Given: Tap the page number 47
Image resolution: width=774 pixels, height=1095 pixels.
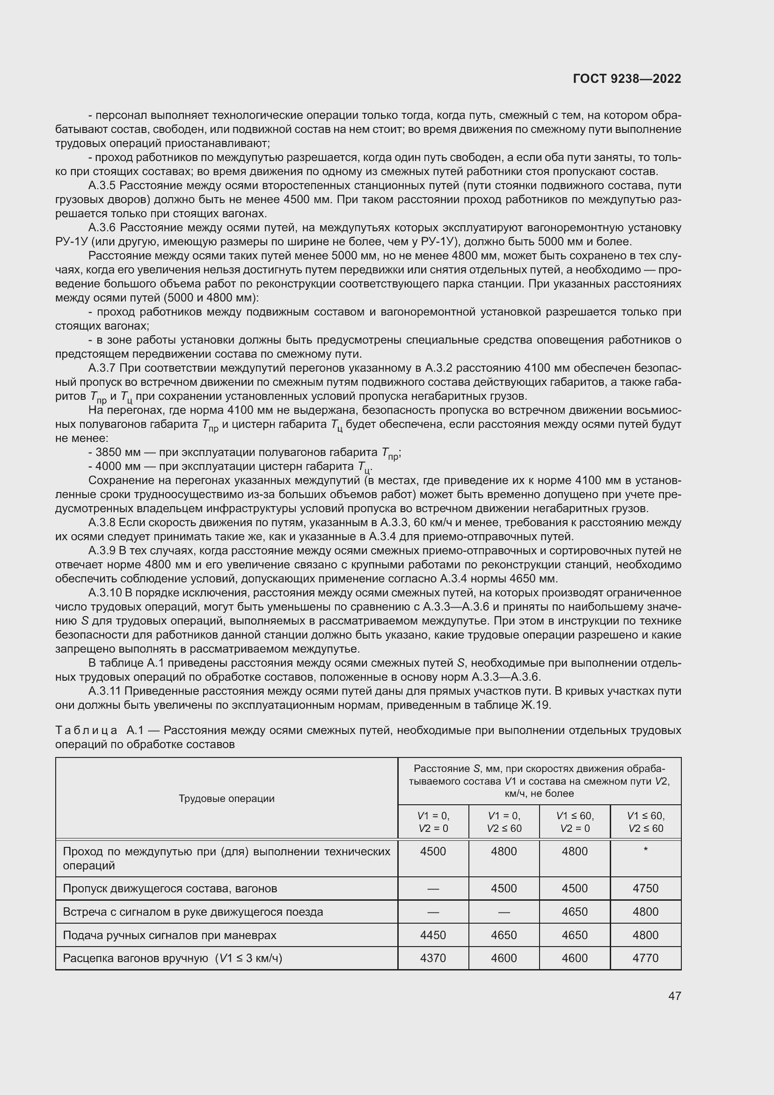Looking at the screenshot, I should click(674, 996).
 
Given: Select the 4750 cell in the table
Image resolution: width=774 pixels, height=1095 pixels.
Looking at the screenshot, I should click(645, 889).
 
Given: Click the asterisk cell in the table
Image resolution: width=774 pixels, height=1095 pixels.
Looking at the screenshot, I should click(645, 849).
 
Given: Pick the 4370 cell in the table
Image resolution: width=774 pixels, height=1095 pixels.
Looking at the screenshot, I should click(433, 958).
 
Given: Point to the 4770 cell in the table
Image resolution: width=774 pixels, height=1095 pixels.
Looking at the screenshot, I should click(645, 958).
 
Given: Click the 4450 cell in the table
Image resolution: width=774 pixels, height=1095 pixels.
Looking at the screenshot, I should click(433, 935).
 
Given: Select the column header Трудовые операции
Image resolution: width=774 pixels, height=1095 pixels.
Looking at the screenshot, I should click(226, 799).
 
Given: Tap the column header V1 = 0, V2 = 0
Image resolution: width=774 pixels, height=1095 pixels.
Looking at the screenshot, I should click(433, 822).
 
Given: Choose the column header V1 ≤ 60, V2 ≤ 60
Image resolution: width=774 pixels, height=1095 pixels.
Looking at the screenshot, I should click(645, 822).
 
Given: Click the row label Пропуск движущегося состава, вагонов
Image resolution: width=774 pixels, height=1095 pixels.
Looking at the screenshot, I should click(170, 889).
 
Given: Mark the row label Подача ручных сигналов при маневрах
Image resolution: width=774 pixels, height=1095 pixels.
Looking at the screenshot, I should click(169, 935).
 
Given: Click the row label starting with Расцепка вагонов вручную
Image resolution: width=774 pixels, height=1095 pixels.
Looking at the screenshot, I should click(173, 958).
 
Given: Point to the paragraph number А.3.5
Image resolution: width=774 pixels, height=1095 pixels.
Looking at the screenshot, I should click(102, 185).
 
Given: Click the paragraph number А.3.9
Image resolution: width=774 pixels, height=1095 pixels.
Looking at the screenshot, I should click(102, 551).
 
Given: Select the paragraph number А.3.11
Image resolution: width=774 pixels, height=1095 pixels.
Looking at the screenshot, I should click(105, 691).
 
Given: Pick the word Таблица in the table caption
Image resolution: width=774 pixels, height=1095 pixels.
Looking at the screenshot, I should click(86, 731).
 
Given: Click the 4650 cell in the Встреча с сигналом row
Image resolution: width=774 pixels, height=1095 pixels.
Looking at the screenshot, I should click(574, 912).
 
